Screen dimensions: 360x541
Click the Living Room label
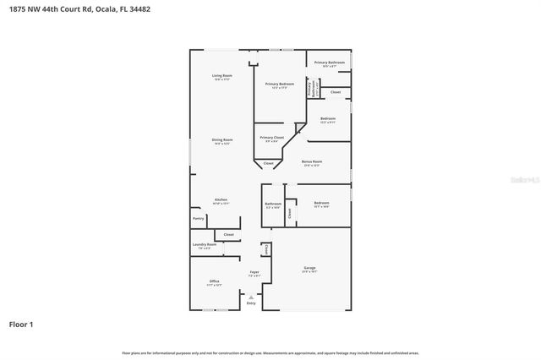[221, 76]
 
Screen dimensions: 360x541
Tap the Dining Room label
[221, 139]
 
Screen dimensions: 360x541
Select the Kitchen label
[221, 200]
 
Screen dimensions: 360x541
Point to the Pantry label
[199, 218]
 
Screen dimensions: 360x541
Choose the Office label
[214, 281]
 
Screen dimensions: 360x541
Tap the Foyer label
[254, 272]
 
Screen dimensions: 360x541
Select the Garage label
[309, 268]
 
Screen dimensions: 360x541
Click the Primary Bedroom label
[279, 84]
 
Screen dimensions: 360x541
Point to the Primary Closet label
[271, 138]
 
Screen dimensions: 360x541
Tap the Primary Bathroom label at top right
[329, 63]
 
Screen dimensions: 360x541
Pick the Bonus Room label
[312, 161]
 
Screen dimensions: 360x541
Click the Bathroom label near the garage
[272, 204]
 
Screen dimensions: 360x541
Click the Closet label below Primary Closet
[268, 162]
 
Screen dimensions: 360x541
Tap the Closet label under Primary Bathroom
[336, 91]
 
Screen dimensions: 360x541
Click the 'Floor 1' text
[21, 324]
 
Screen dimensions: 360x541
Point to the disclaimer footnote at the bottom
[270, 352]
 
